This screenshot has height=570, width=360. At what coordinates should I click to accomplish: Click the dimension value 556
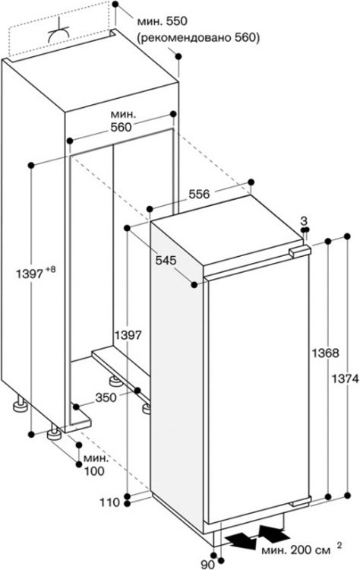click(199, 194)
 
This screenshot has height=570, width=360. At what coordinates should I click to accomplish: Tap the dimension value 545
click(166, 260)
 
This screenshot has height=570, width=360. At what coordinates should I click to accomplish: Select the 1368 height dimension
click(325, 353)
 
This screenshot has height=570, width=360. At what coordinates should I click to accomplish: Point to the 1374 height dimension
click(345, 379)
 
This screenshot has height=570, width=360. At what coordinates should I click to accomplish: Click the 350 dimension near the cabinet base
click(106, 397)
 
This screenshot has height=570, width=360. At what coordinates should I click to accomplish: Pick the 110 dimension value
click(109, 503)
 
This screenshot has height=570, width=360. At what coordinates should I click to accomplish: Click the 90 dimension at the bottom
click(207, 565)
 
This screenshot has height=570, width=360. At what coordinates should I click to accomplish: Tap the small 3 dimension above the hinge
click(304, 220)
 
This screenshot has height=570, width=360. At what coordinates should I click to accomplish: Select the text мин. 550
click(162, 21)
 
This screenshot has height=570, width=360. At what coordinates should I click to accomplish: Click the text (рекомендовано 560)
click(198, 38)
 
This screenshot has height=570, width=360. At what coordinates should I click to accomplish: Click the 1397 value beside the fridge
click(128, 335)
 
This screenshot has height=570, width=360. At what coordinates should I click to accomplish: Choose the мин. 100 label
click(95, 465)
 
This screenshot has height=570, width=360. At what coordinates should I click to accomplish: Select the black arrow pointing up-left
click(274, 533)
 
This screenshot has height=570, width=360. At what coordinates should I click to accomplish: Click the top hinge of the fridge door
click(300, 251)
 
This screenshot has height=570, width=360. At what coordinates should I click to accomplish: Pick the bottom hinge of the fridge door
click(300, 502)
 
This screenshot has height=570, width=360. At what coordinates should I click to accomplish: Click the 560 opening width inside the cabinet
click(120, 127)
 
